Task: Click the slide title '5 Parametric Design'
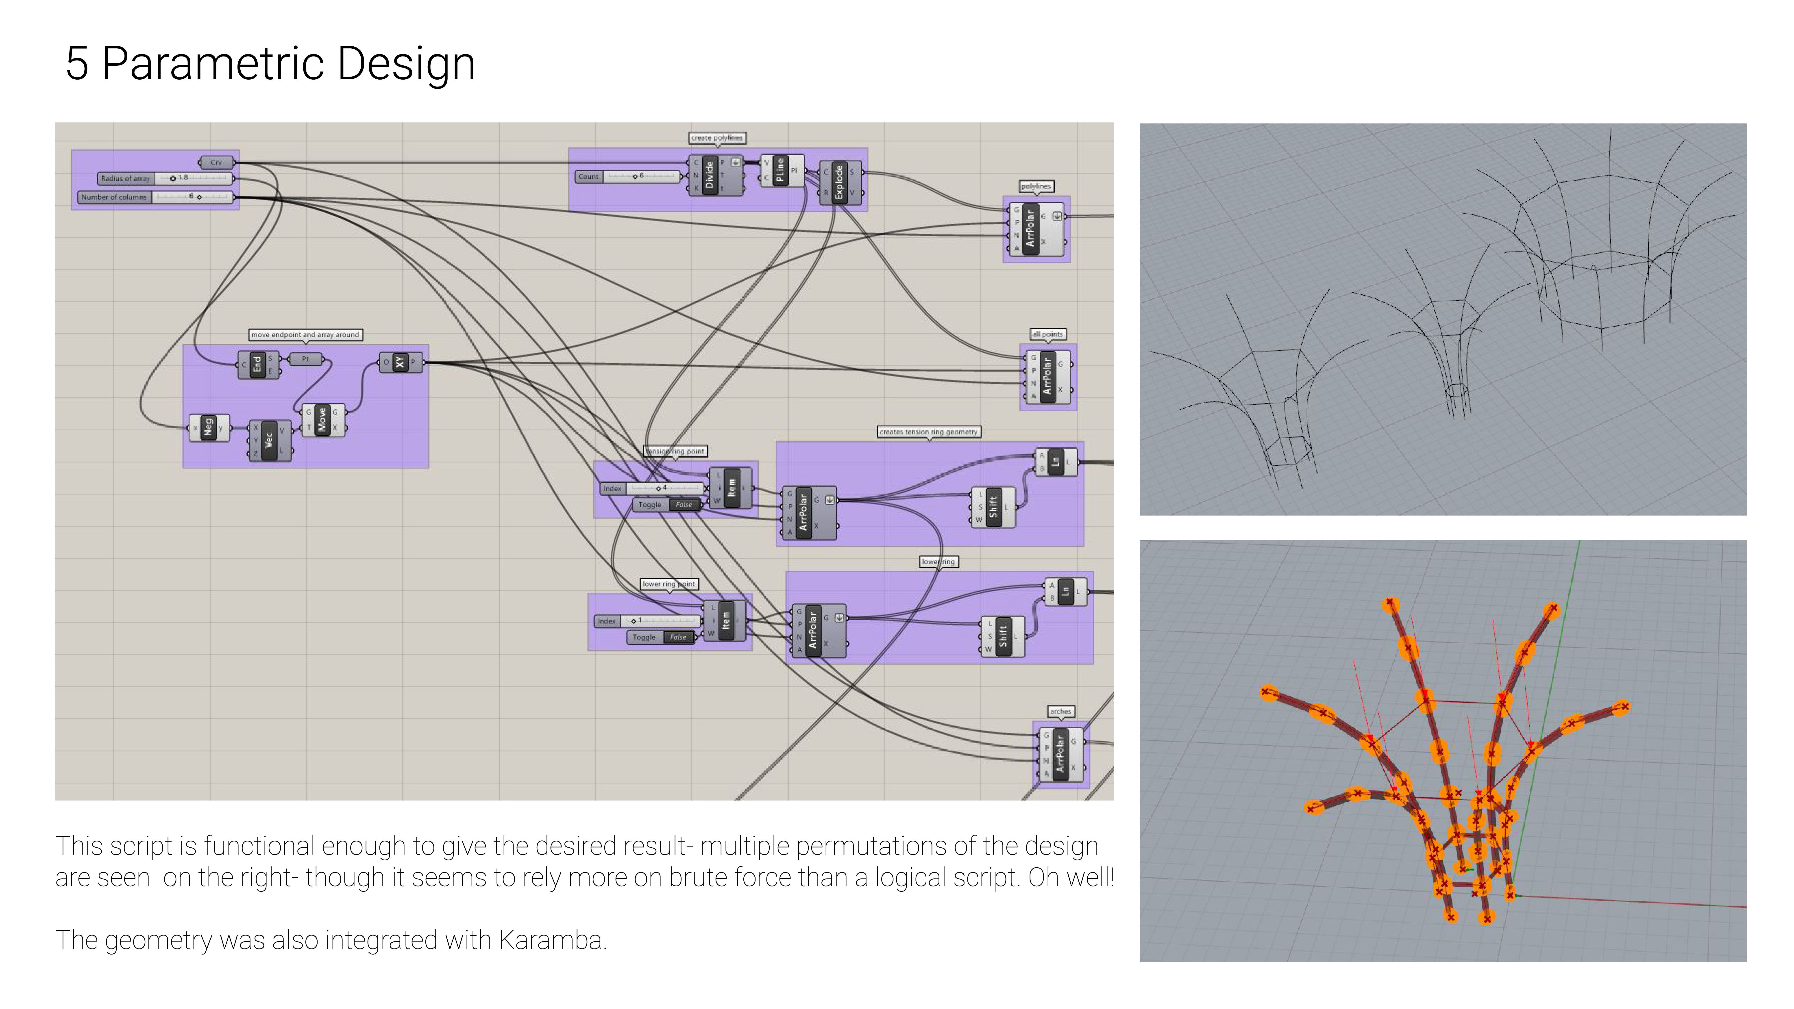pos(270,64)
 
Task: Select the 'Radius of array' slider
pos(165,178)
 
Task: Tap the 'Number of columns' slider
pos(155,197)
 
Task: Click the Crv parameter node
pos(216,162)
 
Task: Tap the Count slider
pos(629,176)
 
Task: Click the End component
pos(257,364)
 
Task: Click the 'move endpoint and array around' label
pos(305,335)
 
